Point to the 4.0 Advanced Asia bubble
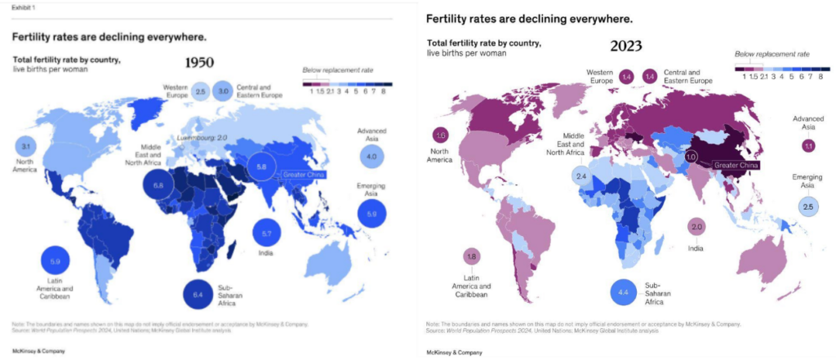click(371, 156)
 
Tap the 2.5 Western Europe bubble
click(200, 91)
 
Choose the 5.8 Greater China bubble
click(261, 167)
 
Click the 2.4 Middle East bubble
click(580, 176)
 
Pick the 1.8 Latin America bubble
click(470, 257)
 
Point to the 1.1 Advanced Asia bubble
click(808, 145)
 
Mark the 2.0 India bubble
click(696, 227)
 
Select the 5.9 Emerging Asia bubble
click(372, 213)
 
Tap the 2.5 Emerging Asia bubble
click(808, 207)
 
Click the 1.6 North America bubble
click(442, 135)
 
